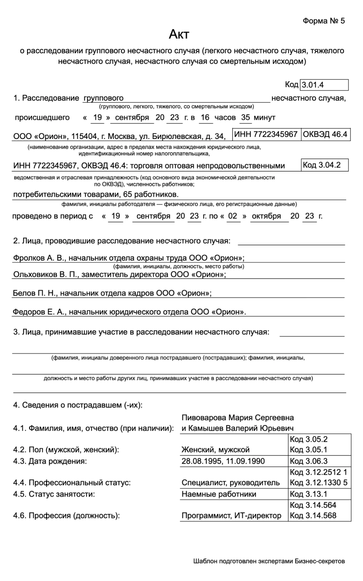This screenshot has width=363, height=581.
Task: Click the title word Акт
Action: (x=179, y=34)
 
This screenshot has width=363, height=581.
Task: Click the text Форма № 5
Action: (x=323, y=21)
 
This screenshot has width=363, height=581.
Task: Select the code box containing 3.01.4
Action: (x=324, y=85)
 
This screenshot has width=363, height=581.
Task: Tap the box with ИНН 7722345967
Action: (x=266, y=134)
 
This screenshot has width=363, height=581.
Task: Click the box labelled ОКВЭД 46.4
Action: (x=325, y=134)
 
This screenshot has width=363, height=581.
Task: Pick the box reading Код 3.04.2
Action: (x=324, y=165)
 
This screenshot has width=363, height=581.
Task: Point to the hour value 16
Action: (x=205, y=117)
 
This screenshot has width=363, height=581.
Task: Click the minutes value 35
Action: (x=245, y=117)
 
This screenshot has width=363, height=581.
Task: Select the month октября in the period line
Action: (x=266, y=216)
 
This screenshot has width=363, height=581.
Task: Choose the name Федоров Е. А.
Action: (x=39, y=312)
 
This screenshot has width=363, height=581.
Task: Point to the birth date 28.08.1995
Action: (x=201, y=461)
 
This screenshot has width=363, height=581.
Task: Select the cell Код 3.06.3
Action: (x=309, y=461)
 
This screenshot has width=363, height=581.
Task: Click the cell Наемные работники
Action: (x=219, y=494)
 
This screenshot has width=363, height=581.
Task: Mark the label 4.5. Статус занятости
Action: (x=54, y=494)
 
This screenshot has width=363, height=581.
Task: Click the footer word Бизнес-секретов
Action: (x=319, y=561)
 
